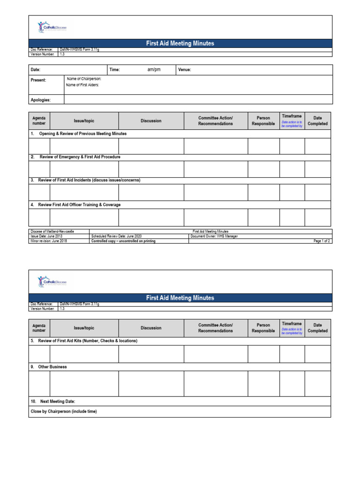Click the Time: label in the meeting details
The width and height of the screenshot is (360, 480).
[115, 70]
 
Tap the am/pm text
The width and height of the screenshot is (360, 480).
[154, 70]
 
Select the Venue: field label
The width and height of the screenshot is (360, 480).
[185, 70]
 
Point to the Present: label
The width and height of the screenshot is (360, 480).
[38, 80]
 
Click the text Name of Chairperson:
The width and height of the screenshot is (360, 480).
[84, 79]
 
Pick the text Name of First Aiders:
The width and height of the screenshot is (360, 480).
[82, 85]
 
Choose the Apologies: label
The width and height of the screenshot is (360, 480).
[41, 100]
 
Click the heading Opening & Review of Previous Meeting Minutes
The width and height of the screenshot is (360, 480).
[82, 134]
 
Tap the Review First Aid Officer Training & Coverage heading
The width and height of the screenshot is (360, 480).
[79, 205]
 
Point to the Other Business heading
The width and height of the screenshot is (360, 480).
[52, 367]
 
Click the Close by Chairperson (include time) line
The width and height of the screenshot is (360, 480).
[64, 412]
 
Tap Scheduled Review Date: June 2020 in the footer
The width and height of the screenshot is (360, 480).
[116, 236]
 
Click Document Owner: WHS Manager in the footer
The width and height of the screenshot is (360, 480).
[214, 236]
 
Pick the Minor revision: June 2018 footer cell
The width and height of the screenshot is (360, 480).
[48, 241]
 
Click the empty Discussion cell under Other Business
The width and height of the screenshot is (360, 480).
[151, 384]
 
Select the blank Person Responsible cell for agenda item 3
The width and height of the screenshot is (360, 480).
[263, 192]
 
